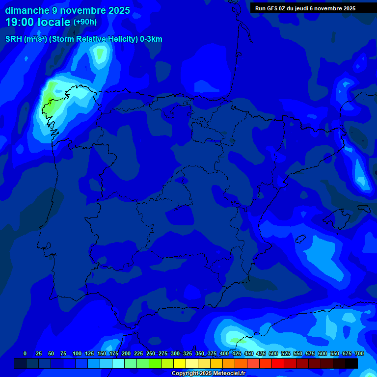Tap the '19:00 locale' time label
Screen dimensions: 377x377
tap(38, 23)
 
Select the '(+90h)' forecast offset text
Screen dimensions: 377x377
tap(85, 22)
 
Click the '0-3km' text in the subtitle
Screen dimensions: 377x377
tap(151, 40)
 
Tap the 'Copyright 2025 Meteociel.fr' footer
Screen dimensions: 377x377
tap(208, 374)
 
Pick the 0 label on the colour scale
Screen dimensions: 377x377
tap(25, 354)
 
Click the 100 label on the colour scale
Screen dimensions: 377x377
tap(77, 354)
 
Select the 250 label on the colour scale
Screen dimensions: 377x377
tap(151, 354)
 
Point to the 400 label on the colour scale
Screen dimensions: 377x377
tap(224, 354)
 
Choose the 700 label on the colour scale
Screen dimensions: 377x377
tap(359, 354)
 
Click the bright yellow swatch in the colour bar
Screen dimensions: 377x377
tap(180, 364)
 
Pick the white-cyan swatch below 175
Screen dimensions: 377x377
tap(118, 364)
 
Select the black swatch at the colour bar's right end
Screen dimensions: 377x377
tap(351, 364)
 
